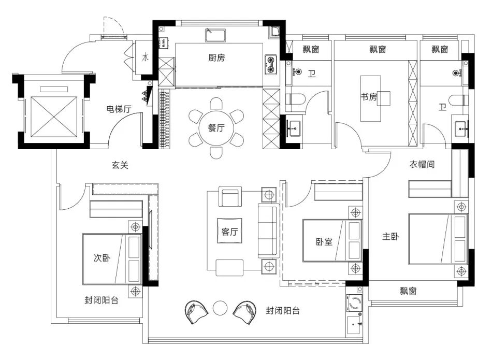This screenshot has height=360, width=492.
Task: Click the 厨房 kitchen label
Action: pyautogui.click(x=216, y=57)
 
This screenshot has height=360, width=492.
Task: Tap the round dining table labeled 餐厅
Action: pyautogui.click(x=216, y=128)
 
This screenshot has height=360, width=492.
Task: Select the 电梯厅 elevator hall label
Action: pyautogui.click(x=119, y=109)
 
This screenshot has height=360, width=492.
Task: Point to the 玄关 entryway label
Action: pyautogui.click(x=120, y=165)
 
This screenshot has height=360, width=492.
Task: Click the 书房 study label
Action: pyautogui.click(x=368, y=97)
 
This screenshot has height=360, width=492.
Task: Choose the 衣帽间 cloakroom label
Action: pyautogui.click(x=422, y=164)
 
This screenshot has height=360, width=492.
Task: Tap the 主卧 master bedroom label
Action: pyautogui.click(x=390, y=236)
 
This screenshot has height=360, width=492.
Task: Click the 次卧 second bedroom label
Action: pyautogui.click(x=102, y=257)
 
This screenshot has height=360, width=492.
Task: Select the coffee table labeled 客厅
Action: pyautogui.click(x=229, y=231)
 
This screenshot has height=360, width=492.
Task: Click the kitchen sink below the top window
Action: pyautogui.click(x=215, y=35)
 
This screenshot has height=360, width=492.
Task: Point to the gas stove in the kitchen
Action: pyautogui.click(x=270, y=64)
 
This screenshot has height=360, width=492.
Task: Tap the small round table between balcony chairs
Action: pyautogui.click(x=220, y=308)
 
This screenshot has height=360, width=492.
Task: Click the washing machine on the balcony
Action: pyautogui.click(x=355, y=304)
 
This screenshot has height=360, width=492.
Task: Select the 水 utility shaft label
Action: pyautogui.click(x=146, y=57)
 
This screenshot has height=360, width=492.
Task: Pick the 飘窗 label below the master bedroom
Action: pyautogui.click(x=408, y=291)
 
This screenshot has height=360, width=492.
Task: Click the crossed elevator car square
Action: pyautogui.click(x=54, y=117)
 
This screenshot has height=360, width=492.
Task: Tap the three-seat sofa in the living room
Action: pyautogui.click(x=269, y=231)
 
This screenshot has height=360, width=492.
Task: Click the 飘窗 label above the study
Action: pyautogui.click(x=378, y=49)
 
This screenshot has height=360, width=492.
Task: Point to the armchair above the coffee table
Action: pyautogui.click(x=230, y=196)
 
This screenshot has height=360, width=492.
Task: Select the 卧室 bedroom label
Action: pyautogui.click(x=324, y=242)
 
